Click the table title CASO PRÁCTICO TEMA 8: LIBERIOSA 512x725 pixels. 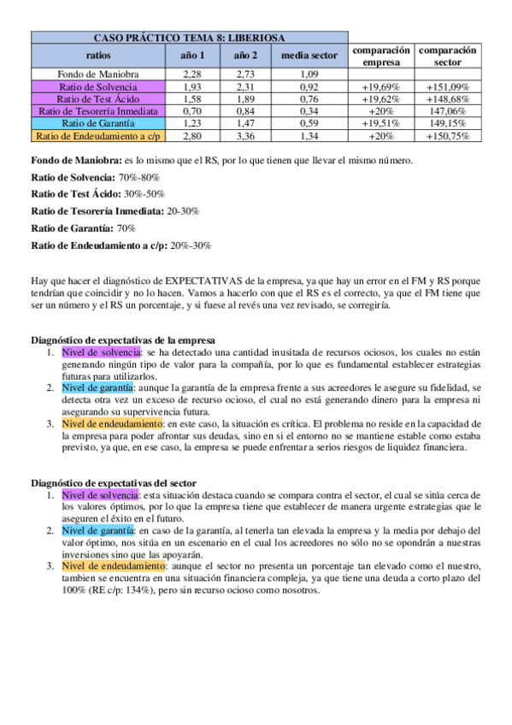point(190,38)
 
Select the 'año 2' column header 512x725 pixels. point(244,55)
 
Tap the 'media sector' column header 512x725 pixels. point(309,55)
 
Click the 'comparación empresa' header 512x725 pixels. point(381,56)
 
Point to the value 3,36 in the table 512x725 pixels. point(244,135)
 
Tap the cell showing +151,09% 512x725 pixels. point(448,87)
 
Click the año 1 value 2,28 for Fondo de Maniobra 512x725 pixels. point(192,74)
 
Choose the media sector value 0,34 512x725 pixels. point(309,111)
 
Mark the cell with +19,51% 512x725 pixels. point(381,123)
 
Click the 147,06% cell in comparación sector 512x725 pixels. point(448,111)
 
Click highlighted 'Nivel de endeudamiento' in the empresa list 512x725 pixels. point(113,423)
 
